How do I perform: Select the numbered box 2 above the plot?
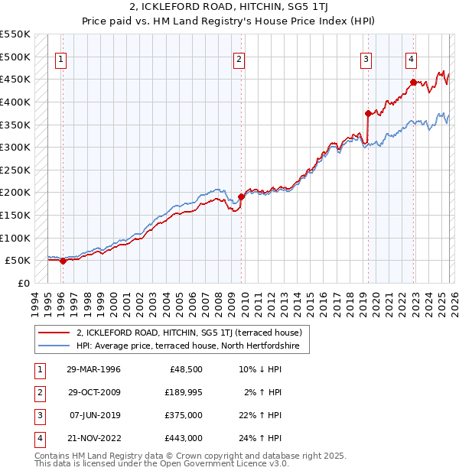click(239, 59)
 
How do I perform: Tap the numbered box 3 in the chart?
click(366, 59)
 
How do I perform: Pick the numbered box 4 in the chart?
click(411, 59)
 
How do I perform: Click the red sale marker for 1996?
click(63, 261)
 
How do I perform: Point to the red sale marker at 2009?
click(241, 196)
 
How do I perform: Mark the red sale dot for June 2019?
click(368, 113)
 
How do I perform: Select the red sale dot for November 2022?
click(413, 83)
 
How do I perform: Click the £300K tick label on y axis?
click(15, 147)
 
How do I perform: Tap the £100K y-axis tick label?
click(15, 238)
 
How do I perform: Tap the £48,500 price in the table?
click(186, 369)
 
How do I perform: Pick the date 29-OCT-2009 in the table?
click(94, 392)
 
